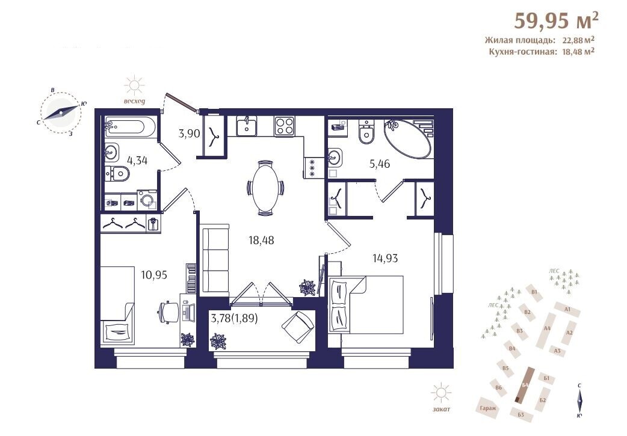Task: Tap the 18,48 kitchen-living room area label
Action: pos(261,240)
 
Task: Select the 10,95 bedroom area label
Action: pos(154,275)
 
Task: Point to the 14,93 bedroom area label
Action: pos(385,258)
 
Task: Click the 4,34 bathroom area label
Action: pos(137,161)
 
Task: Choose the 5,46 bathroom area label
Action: pos(380,164)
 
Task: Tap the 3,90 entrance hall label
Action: pos(189,133)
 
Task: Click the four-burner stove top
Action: pos(284,126)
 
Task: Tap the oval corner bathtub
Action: pos(408,138)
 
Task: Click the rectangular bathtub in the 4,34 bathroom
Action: pos(130,127)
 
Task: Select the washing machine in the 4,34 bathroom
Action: pos(147,200)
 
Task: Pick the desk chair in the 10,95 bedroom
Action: pos(168,312)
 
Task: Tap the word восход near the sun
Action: pos(134,101)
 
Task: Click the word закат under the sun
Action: pos(441,409)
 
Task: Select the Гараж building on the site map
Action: pos(488,408)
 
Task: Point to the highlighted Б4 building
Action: pos(524,384)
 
